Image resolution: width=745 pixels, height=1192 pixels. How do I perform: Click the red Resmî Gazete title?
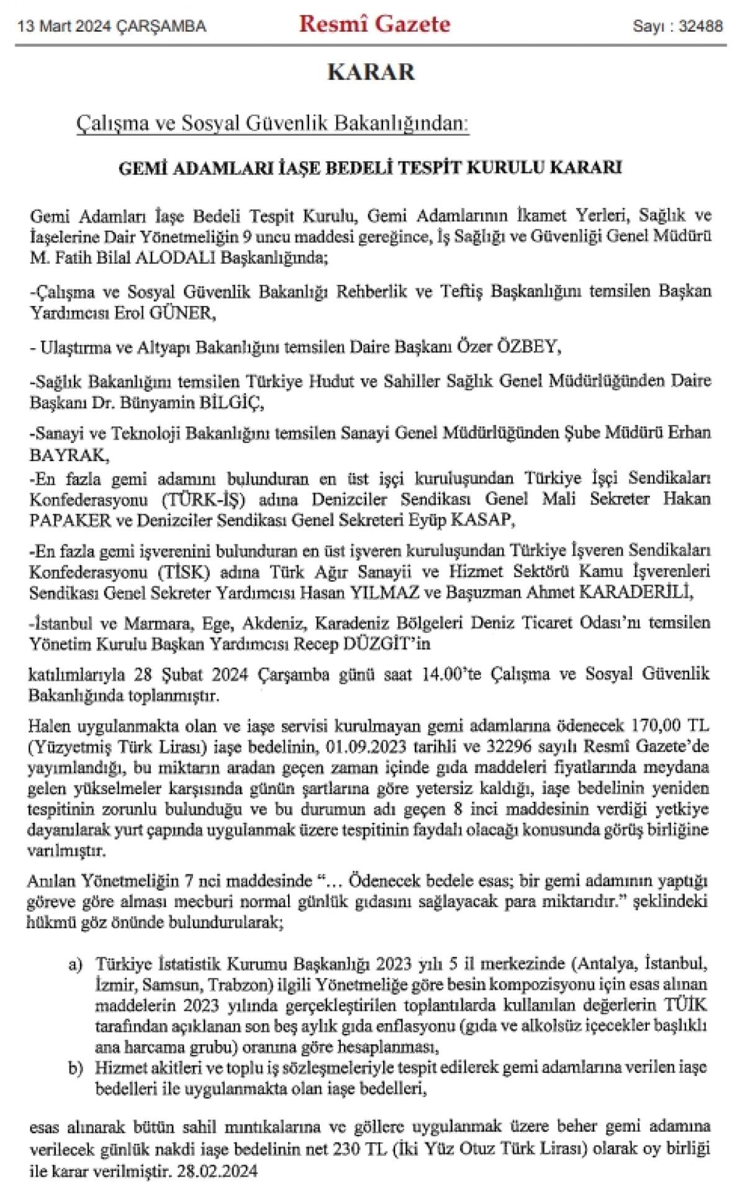375,24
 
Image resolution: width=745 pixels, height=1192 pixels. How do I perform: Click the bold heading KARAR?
371,72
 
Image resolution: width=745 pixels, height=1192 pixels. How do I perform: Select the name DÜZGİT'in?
386,645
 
